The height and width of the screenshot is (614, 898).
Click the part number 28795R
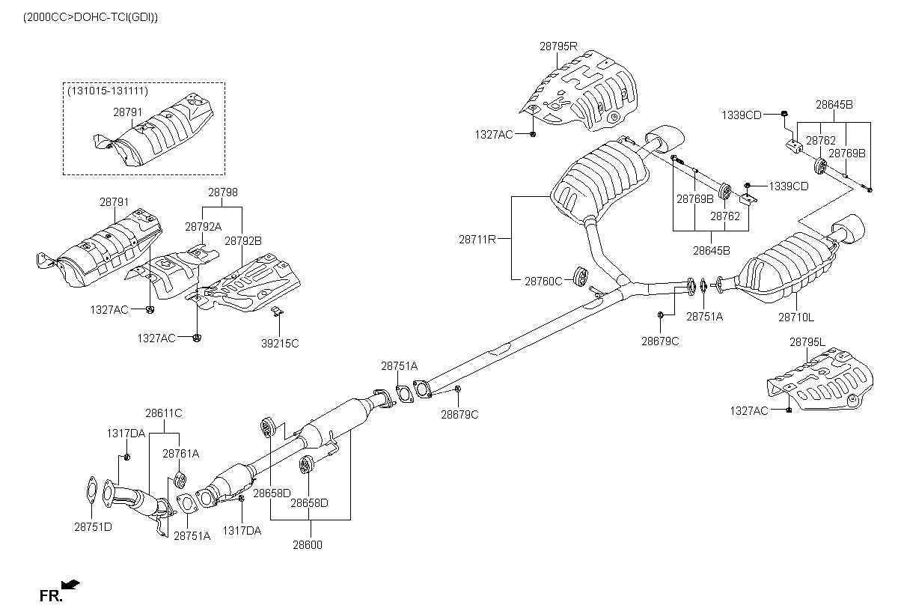point(558,46)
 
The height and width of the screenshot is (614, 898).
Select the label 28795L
point(807,342)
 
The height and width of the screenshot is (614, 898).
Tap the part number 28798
point(223,192)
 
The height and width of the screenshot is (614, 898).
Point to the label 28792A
point(204,227)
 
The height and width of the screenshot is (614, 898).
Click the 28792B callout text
point(243,241)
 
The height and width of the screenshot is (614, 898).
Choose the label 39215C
point(280,344)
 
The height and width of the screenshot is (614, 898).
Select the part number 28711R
point(477,240)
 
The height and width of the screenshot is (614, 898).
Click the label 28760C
point(543,282)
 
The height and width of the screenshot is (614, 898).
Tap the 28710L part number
point(796,317)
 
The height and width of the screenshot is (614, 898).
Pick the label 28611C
point(164,413)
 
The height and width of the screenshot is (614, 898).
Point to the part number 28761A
point(181,454)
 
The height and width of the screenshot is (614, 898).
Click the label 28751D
point(93,527)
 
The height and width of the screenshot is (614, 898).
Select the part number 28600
point(308,545)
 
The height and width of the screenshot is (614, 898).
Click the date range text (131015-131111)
point(108,91)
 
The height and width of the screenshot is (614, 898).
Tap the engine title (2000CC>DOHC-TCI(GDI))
point(91,18)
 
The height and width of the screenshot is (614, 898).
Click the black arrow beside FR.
point(70,584)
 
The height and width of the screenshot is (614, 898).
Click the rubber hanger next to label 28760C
point(581,277)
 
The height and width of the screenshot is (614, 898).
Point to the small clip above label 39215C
point(277,311)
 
